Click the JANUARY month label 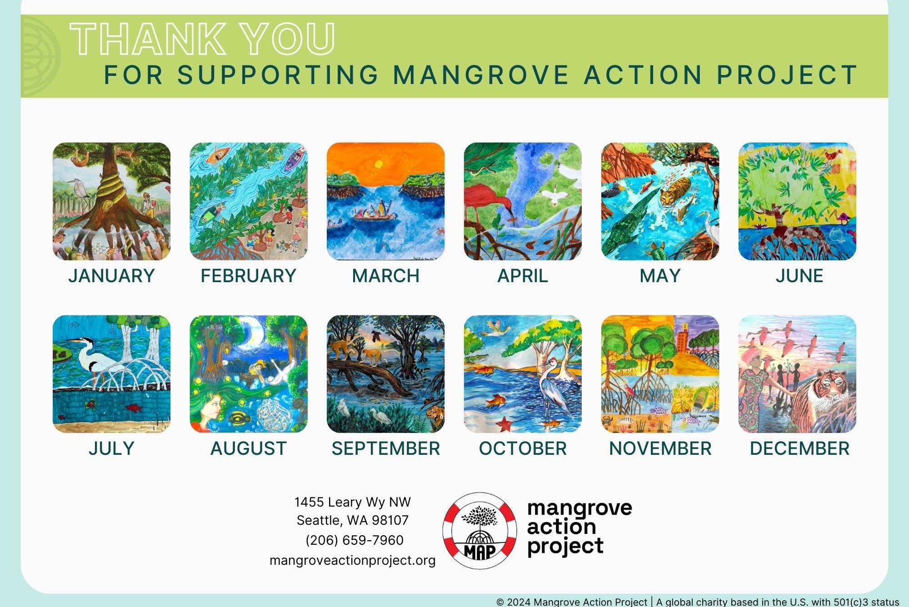click(111, 276)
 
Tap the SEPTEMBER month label click(386, 448)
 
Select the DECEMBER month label click(799, 448)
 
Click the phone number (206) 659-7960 click(355, 540)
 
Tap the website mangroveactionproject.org click(353, 560)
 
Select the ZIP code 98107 click(390, 520)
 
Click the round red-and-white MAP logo click(480, 531)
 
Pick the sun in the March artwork click(377, 164)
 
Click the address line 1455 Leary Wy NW click(353, 502)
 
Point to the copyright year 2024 click(519, 602)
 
